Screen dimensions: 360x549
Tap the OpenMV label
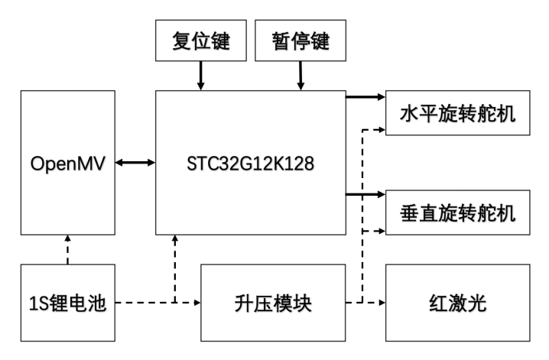point(68,163)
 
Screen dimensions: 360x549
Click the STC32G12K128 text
point(250,163)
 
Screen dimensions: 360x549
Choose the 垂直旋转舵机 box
point(457,212)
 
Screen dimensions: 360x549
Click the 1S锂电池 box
point(68,303)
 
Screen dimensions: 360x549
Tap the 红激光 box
point(457,303)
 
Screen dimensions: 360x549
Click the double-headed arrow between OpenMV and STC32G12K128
point(136,163)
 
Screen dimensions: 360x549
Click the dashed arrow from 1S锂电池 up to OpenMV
point(68,249)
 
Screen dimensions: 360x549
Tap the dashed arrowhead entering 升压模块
point(196,303)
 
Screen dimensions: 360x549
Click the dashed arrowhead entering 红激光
point(381,303)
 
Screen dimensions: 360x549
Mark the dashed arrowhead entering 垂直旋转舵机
point(381,229)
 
